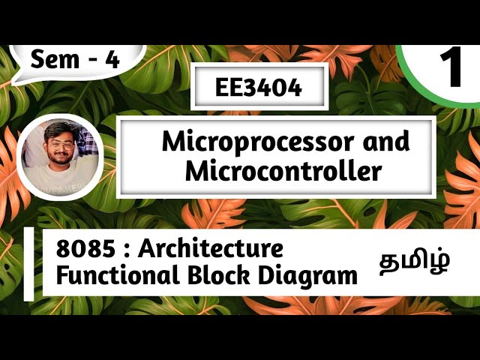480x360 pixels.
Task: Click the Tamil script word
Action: [x=414, y=262]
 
